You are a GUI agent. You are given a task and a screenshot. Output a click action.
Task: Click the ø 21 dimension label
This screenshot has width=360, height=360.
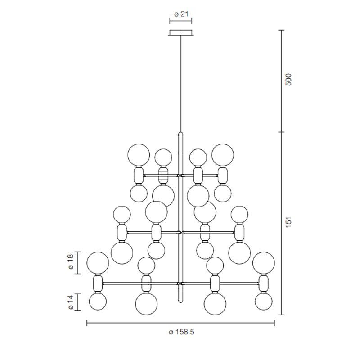[x=181, y=14]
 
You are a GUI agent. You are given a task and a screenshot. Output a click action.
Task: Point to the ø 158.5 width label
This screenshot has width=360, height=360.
[x=181, y=333]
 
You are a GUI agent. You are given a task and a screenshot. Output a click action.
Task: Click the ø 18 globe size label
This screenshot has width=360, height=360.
[x=71, y=263]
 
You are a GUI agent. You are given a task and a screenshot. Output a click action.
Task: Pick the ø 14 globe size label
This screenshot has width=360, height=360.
[x=71, y=302]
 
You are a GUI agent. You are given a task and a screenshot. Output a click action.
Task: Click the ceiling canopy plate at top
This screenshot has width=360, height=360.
[x=181, y=32]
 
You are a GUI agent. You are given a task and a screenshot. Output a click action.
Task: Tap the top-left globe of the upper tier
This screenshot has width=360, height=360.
[x=139, y=155]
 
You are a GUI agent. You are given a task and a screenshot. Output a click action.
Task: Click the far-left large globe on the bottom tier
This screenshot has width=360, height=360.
[x=98, y=263]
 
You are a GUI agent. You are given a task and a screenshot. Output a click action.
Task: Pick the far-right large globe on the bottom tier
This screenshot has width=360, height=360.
[x=264, y=263]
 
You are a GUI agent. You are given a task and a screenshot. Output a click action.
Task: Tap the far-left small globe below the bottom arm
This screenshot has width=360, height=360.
[x=98, y=301]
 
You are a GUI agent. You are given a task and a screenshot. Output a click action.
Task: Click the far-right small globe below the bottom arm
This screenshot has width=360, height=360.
[x=264, y=301]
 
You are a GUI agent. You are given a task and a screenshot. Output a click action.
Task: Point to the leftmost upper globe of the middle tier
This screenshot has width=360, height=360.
[x=122, y=215]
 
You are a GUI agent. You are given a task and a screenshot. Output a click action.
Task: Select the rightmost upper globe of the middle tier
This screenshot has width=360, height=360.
[x=239, y=215]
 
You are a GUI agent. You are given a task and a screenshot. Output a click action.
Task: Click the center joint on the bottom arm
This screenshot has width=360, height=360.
[x=181, y=283]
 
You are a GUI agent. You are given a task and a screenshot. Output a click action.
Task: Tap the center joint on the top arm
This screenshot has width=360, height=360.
[x=181, y=175]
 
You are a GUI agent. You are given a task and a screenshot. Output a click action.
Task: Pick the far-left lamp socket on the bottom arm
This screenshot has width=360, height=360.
[x=98, y=283]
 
